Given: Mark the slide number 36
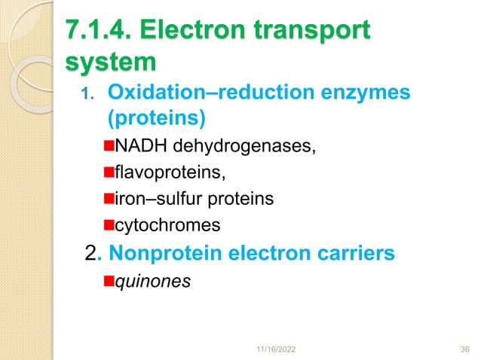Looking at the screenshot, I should [x=464, y=349].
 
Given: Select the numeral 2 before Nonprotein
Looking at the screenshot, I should [x=92, y=254].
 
